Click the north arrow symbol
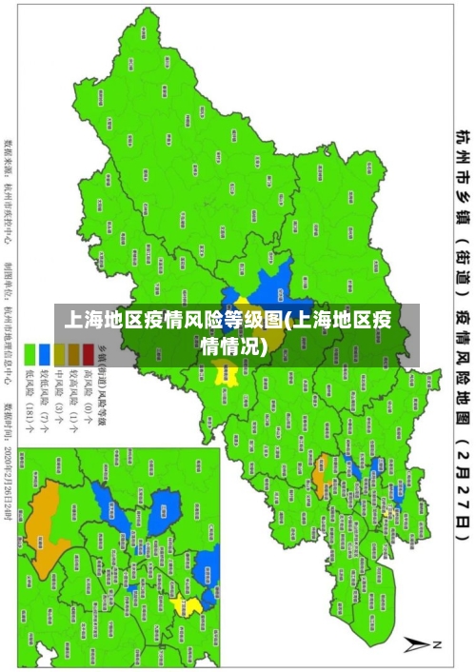(x=418, y=644)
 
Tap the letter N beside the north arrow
(x=438, y=643)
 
